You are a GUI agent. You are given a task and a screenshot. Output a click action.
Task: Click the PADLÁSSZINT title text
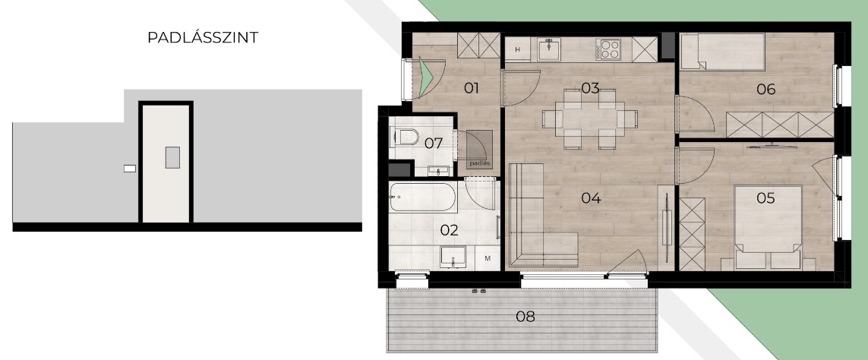coord(203,38)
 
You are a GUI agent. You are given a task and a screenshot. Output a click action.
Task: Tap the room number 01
coord(471,88)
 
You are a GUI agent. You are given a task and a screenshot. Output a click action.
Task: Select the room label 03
coord(591,88)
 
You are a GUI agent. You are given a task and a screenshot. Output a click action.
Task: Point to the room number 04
coord(592,197)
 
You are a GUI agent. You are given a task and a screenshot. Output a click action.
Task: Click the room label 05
coord(765,197)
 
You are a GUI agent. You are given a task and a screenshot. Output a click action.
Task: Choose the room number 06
coord(766,89)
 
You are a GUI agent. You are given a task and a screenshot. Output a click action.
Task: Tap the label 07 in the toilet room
coord(434,144)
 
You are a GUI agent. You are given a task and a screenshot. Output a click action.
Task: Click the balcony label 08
coord(526,317)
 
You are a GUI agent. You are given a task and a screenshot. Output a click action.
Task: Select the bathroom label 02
coord(450,230)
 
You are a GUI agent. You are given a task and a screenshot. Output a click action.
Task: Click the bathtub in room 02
coord(423,197)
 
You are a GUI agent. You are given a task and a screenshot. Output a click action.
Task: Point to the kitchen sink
coord(548,49)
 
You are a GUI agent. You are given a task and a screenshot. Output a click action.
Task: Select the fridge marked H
coord(518,49)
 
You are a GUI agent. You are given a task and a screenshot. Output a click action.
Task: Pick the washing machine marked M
coord(488,258)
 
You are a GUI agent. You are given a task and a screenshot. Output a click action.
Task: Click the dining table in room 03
coord(590,119)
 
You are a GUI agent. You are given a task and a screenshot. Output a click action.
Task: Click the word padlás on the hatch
coord(479,163)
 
